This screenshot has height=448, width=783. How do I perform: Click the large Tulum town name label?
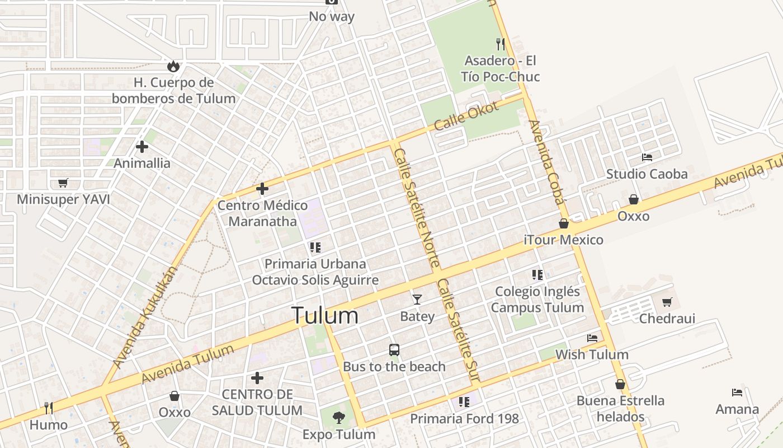[324, 316]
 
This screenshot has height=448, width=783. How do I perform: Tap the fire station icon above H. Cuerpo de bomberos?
[173, 66]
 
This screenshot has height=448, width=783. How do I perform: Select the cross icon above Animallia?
[142, 147]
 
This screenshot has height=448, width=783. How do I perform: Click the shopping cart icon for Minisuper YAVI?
[63, 183]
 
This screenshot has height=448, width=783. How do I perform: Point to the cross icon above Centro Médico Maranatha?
[262, 189]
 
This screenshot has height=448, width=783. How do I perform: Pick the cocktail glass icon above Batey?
[417, 299]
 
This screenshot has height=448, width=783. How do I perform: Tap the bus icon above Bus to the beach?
[394, 350]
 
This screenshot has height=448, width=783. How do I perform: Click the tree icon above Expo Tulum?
[338, 417]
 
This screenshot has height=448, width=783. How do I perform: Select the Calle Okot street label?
[465, 116]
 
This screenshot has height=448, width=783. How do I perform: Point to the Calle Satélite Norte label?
[417, 207]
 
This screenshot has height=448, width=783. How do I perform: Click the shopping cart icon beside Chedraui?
[667, 302]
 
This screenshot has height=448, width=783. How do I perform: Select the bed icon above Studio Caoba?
[647, 157]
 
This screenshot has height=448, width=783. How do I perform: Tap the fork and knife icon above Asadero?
[501, 44]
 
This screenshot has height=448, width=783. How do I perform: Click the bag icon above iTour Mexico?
[564, 224]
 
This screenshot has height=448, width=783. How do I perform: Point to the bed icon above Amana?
[737, 393]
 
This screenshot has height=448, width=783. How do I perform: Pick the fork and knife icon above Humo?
[49, 408]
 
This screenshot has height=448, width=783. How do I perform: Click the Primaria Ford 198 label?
[464, 419]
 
